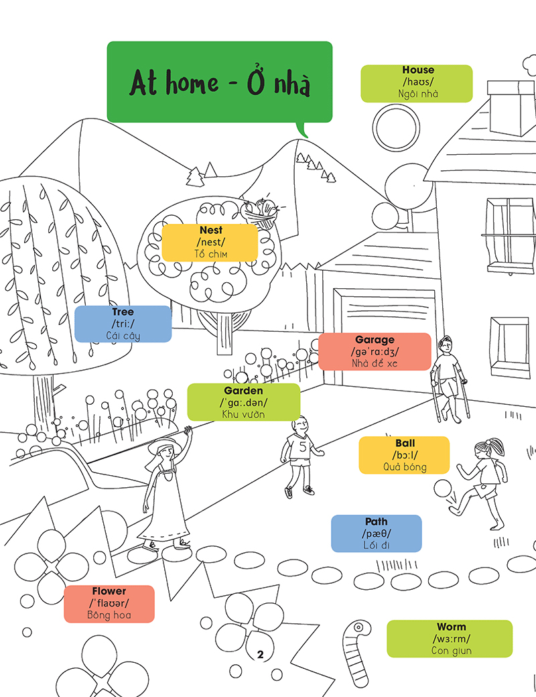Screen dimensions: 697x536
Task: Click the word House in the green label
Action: [417, 70]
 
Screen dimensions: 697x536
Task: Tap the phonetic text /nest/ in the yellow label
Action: [211, 242]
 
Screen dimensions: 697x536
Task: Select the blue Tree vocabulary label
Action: [123, 324]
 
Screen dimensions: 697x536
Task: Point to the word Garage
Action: [375, 340]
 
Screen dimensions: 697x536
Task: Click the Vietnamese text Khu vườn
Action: [243, 414]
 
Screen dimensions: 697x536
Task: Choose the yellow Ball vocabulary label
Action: [404, 455]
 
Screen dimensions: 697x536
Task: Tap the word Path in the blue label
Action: [376, 521]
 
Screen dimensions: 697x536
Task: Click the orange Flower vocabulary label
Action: [109, 603]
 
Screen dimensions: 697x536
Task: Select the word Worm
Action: [450, 627]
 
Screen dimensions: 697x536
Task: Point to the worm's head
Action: [359, 628]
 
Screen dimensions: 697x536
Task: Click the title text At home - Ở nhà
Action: [220, 82]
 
